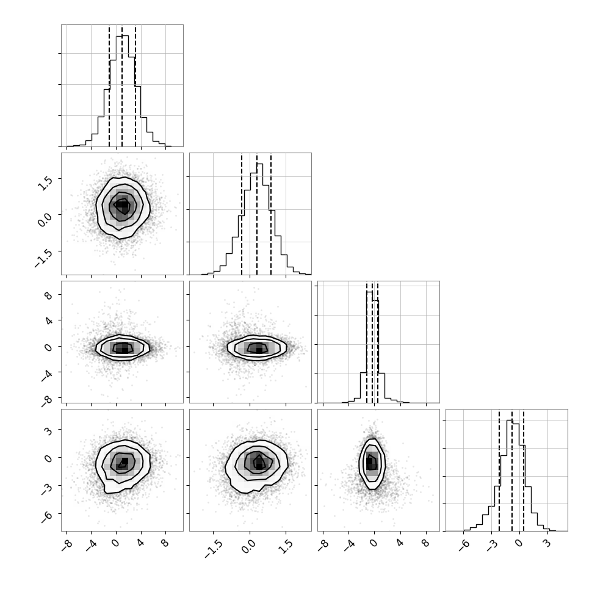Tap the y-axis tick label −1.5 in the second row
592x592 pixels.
click(43, 259)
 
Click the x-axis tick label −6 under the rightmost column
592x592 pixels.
click(463, 546)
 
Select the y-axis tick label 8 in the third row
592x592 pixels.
click(48, 295)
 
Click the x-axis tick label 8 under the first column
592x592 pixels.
click(165, 543)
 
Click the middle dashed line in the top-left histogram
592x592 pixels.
click(122, 85)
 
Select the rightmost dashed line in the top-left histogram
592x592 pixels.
click(135, 85)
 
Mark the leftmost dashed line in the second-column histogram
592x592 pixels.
click(242, 214)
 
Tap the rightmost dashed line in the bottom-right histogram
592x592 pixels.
click(524, 470)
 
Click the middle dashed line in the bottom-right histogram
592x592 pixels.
click(512, 470)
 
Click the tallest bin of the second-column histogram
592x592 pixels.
click(259, 219)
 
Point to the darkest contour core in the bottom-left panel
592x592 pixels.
click(123, 463)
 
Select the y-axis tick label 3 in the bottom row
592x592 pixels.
click(48, 430)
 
